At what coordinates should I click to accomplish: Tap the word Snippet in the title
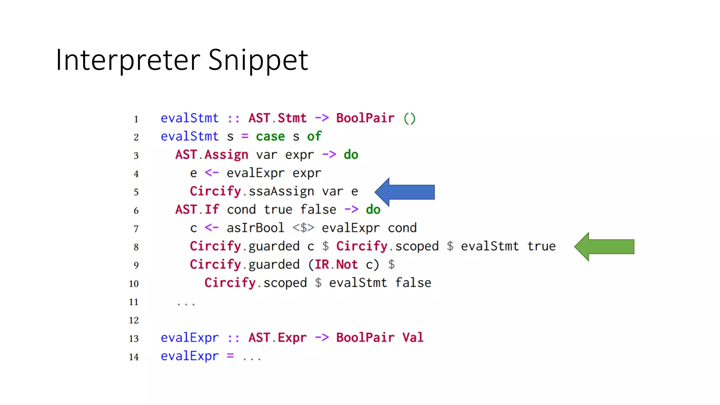(x=258, y=60)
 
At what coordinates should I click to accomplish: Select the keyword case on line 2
(x=270, y=136)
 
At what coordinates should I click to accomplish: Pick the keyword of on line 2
(x=314, y=136)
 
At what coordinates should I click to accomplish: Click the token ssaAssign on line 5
(x=281, y=191)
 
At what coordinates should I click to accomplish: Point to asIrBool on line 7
(x=255, y=228)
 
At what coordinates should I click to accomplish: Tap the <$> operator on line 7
(x=303, y=228)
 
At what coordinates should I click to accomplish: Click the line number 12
(x=134, y=320)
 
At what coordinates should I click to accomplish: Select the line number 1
(x=136, y=119)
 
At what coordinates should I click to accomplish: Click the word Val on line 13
(x=413, y=337)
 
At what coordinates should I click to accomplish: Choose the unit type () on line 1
(x=409, y=118)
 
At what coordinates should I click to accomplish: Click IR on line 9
(x=322, y=264)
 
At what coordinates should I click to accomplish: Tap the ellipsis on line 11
(x=186, y=303)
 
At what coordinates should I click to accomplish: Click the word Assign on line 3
(x=226, y=155)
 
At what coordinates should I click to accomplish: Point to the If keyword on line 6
(x=212, y=210)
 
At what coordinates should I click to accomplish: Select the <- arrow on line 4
(x=212, y=173)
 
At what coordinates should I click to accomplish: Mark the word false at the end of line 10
(x=413, y=283)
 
